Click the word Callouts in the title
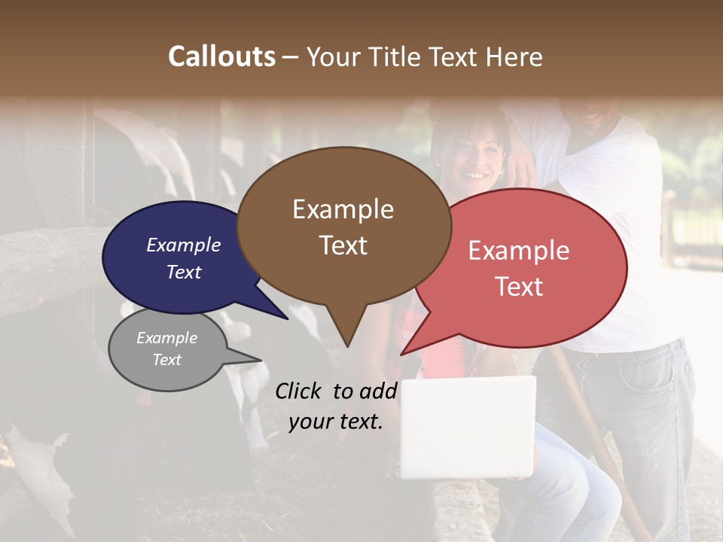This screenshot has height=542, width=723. point(221,56)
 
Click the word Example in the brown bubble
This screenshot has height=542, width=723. point(343,209)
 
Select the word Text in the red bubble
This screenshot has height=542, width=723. point(520,287)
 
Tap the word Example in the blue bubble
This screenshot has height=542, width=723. point(183,245)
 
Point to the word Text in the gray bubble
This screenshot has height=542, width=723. point(166,360)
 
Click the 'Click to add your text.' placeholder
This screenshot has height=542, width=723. point(336,406)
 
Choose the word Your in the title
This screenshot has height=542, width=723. point(334,56)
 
